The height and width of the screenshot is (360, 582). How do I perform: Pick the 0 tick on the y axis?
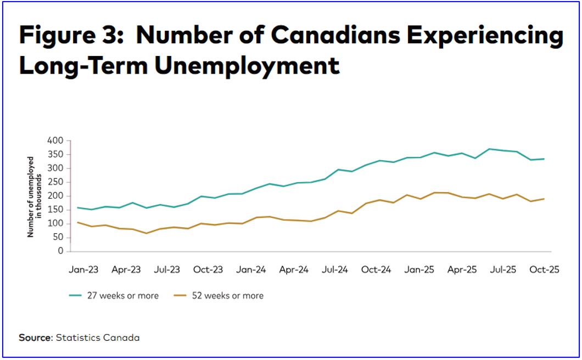[x=60, y=251]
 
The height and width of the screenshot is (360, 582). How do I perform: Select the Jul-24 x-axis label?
[x=335, y=270]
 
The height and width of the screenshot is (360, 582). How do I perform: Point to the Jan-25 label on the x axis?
[x=420, y=270]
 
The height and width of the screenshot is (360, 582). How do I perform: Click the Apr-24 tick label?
[x=293, y=270]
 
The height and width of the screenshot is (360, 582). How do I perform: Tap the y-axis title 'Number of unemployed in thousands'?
[x=35, y=196]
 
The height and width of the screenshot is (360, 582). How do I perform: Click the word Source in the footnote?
[x=35, y=337]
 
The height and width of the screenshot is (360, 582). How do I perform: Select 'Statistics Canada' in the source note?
[x=98, y=337]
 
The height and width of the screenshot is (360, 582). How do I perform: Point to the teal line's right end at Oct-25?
[x=544, y=159]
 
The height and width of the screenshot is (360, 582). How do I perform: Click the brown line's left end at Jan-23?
[x=79, y=222]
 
